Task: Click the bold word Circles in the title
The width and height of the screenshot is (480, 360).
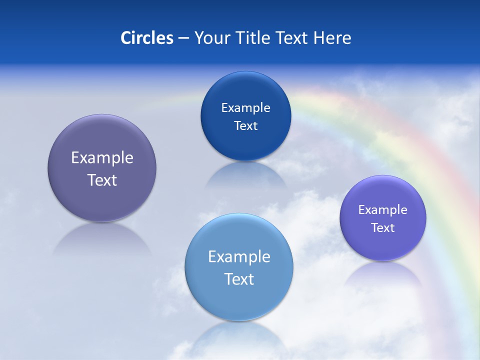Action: point(147,38)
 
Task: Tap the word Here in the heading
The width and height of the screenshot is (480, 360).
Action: point(332,38)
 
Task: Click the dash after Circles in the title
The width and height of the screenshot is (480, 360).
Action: point(183,38)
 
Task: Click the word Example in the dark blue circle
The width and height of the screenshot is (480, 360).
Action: point(245,108)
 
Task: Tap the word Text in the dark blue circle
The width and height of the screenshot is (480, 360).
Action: point(245,126)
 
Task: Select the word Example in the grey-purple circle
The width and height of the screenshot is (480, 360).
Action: point(102,158)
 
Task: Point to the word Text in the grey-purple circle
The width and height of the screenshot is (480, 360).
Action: point(102,180)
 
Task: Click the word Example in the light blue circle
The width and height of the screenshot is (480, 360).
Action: point(239,257)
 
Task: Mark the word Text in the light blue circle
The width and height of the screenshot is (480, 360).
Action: point(239,279)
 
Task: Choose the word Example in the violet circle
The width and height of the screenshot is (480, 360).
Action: point(383,210)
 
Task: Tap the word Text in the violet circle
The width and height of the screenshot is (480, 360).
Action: point(383,228)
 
